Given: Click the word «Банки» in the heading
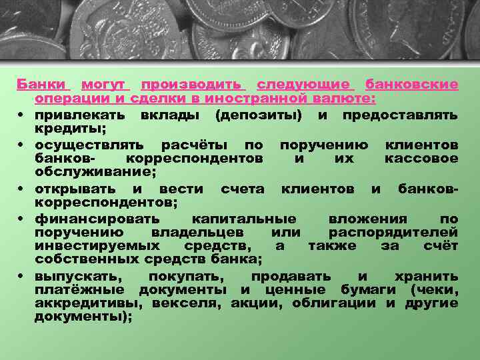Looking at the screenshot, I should coord(41,85).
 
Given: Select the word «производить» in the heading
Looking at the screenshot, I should coord(193,85).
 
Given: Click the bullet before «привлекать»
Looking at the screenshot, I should coord(22,115).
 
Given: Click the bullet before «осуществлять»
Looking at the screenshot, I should coord(22,145).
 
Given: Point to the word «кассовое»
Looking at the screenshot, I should coord(421,159).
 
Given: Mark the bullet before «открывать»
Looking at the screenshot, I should coord(22,189).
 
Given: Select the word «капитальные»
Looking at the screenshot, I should coord(243,218).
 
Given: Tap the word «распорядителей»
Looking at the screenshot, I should coord(393,232).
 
